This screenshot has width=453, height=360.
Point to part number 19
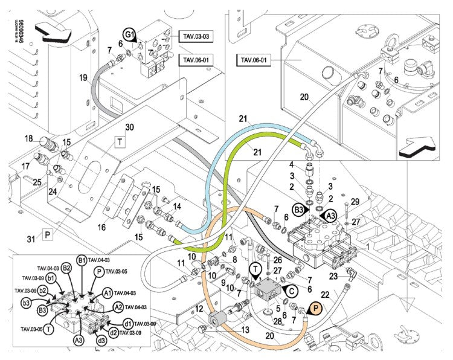pyautogui.click(x=83, y=77)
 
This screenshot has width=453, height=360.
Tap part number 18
pyautogui.click(x=28, y=139)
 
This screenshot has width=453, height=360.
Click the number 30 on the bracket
pyautogui.click(x=129, y=127)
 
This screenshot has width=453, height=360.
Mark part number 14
pyautogui.click(x=177, y=206)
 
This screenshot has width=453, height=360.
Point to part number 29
pyautogui.click(x=355, y=201)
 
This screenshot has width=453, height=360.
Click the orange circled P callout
pyautogui.click(x=314, y=309)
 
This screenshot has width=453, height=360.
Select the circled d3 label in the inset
pyautogui.click(x=101, y=340)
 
